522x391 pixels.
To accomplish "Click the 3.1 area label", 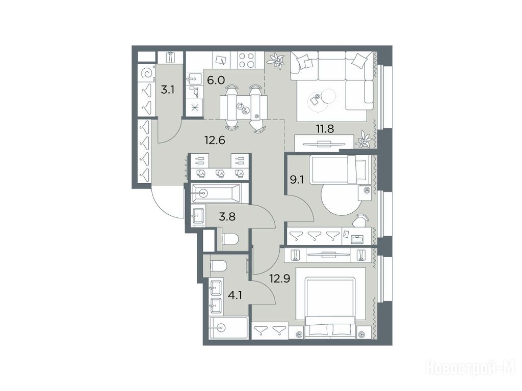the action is click(168, 90).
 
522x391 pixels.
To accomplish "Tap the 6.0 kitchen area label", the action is click(216, 80).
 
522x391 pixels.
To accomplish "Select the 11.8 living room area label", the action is click(325, 128).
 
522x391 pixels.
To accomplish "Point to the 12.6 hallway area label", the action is click(215, 140).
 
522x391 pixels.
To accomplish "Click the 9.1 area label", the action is click(297, 180).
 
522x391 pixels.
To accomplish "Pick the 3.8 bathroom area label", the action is click(227, 217).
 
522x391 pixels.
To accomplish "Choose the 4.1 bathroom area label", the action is click(235, 295).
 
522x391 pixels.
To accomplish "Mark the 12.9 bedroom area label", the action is click(280, 278).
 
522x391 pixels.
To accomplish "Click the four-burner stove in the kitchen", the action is click(246, 61).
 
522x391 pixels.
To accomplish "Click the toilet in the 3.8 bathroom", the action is click(230, 239).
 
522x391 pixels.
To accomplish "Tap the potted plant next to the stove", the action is click(276, 61).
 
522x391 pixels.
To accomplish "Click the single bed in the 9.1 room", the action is click(339, 169).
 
